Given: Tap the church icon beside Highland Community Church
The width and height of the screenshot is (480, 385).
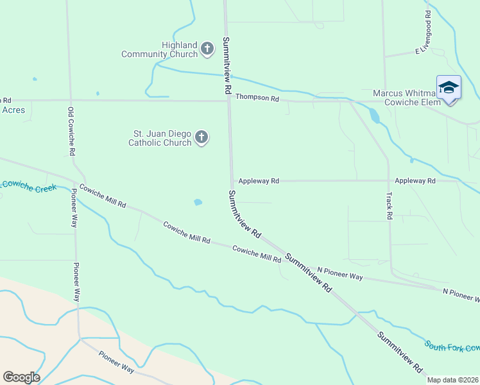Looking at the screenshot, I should (207, 49).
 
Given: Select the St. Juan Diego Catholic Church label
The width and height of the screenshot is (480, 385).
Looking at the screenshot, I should (162, 138).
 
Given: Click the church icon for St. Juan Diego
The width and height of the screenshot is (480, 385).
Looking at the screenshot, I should (201, 137).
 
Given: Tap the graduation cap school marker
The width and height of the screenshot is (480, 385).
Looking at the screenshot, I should (449, 88).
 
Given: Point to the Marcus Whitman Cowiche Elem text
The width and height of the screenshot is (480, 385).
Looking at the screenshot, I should (406, 98).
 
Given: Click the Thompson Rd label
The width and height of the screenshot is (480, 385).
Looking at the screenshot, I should (257, 98).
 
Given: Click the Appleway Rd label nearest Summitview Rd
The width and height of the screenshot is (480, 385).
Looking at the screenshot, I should (259, 181).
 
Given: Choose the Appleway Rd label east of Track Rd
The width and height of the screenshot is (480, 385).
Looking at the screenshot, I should (415, 181).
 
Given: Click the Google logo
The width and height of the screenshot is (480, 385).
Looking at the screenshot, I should (21, 377).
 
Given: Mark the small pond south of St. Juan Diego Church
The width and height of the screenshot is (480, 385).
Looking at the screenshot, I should (198, 203).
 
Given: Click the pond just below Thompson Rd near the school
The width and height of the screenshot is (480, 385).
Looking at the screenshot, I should (373, 116).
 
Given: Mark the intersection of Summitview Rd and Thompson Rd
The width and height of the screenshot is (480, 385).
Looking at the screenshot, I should (229, 100).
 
